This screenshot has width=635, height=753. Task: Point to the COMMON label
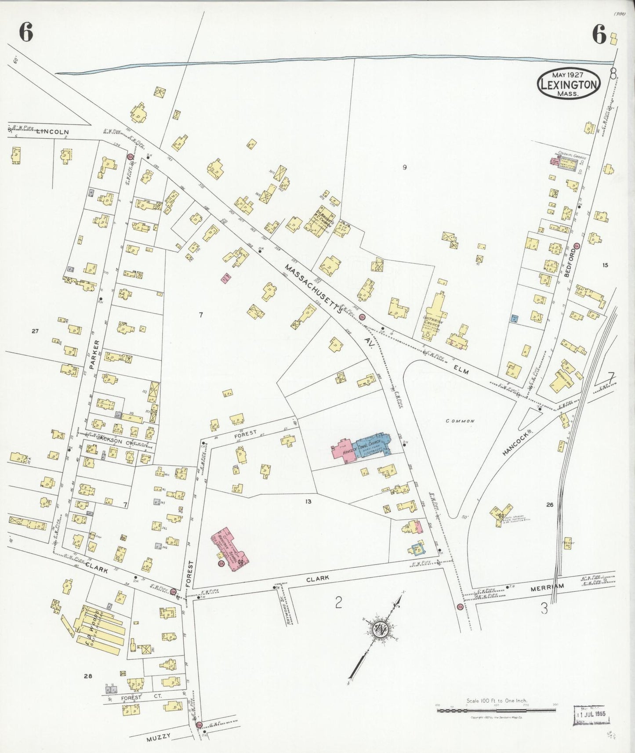(x=460, y=421)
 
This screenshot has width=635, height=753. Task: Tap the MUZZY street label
(x=158, y=737)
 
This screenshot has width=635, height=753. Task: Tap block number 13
(x=308, y=501)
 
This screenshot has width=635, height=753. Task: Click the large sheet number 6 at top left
(x=26, y=33)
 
